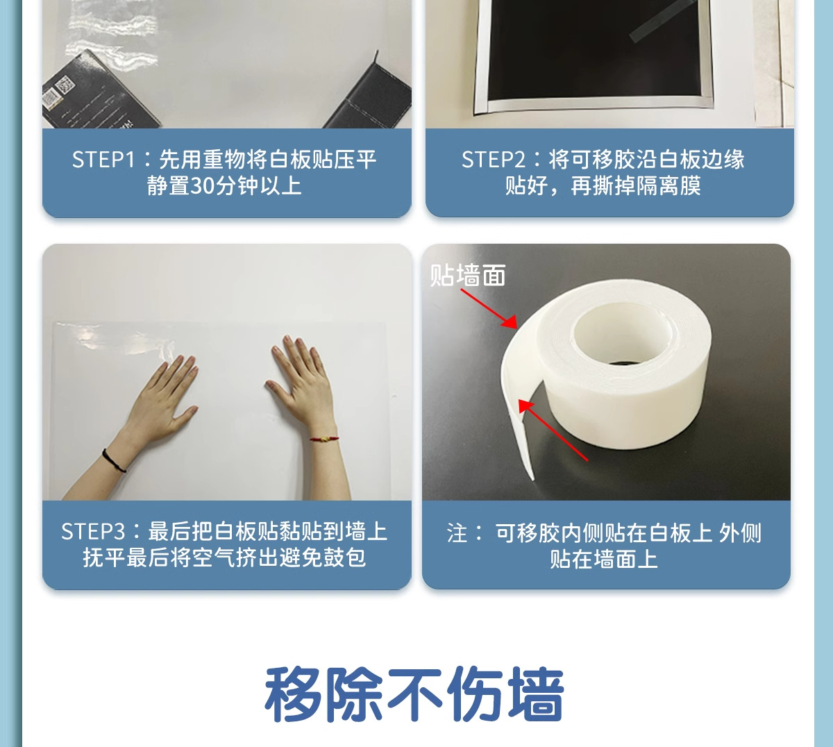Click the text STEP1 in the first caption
point(103,160)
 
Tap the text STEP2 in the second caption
point(493,160)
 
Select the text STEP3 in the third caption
point(92,532)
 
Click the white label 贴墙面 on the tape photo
point(467,276)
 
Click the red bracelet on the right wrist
point(324,439)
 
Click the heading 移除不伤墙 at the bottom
point(414,694)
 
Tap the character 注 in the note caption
point(457,533)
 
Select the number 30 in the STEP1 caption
point(202,186)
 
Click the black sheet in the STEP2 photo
point(590,49)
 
